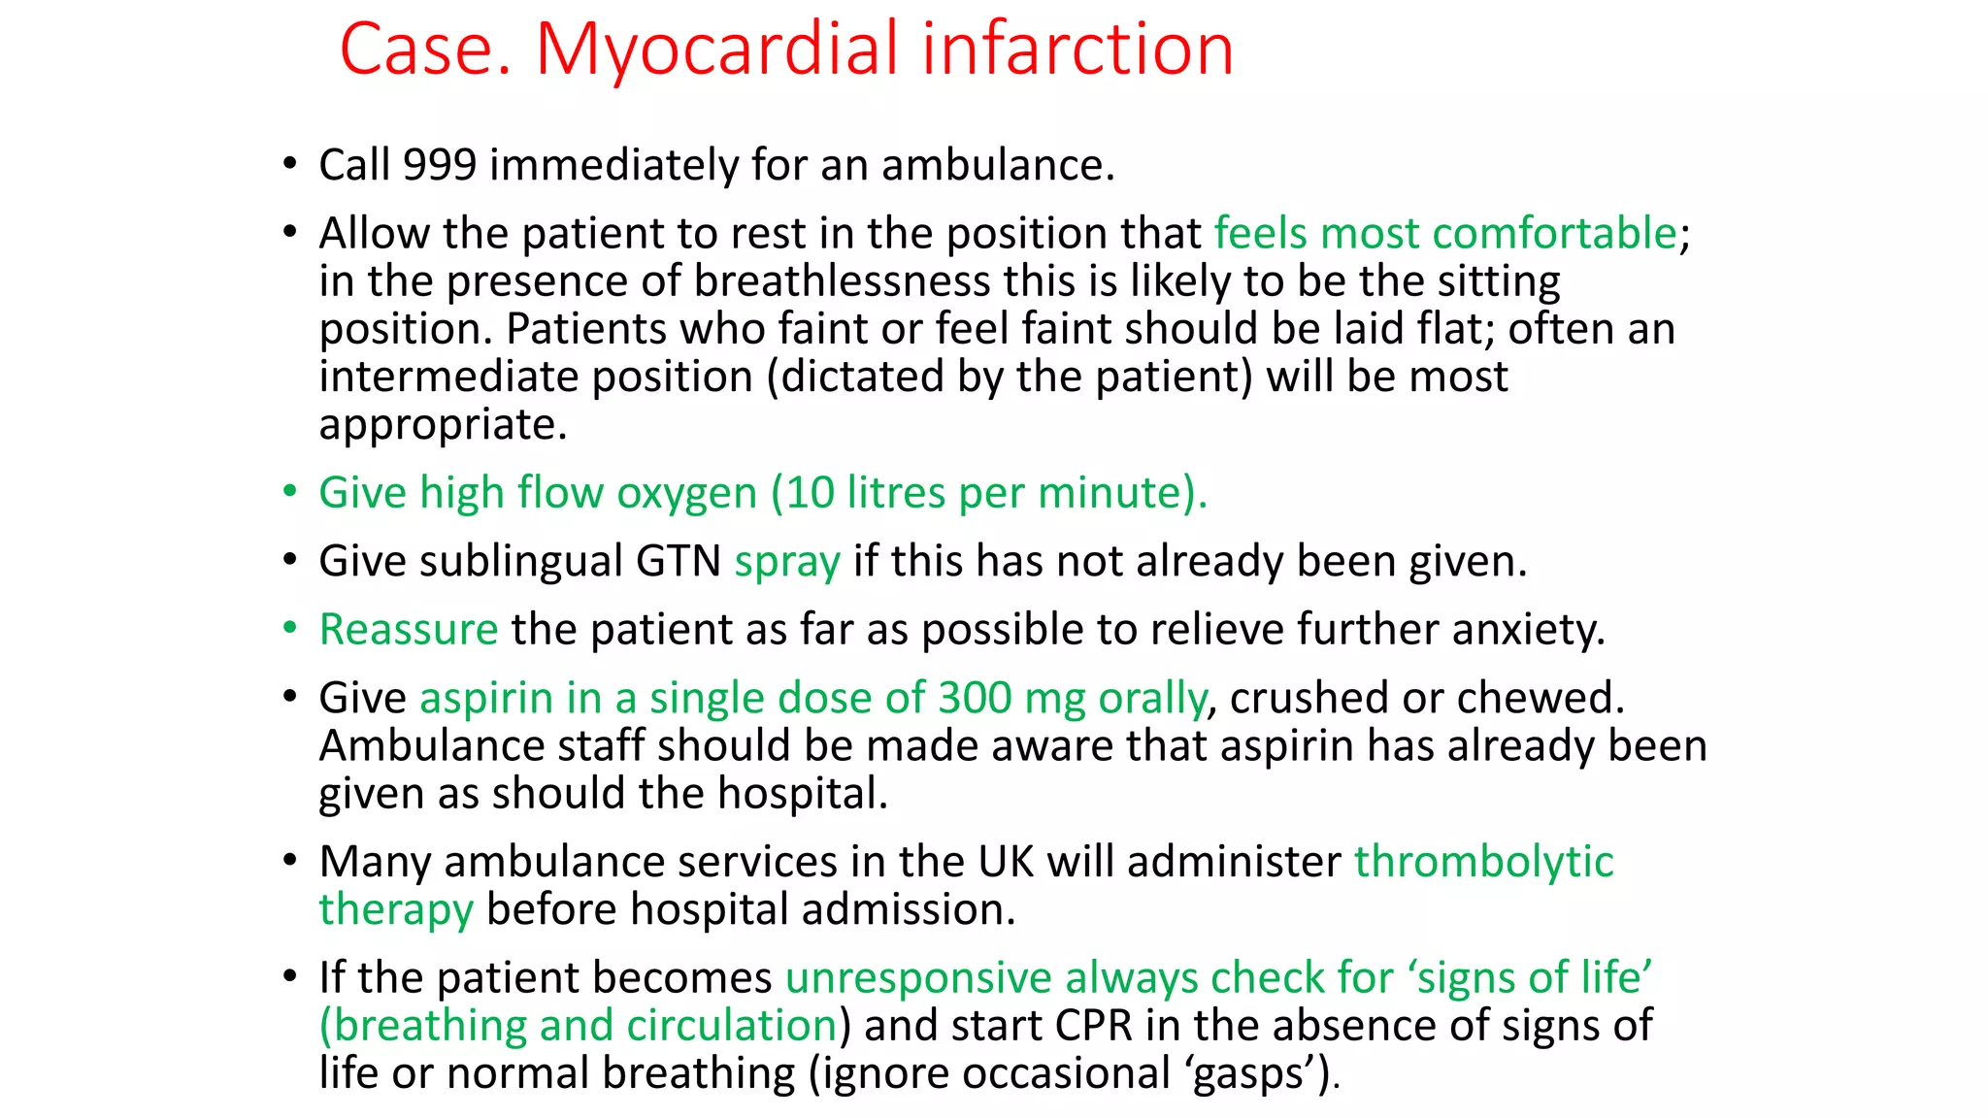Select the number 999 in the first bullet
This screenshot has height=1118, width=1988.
pos(440,165)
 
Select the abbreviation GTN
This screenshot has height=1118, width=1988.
pos(678,562)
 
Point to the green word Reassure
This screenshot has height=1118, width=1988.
pos(409,630)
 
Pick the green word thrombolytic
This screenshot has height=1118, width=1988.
pos(1483,862)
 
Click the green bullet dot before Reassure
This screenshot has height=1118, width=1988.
pos(289,628)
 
